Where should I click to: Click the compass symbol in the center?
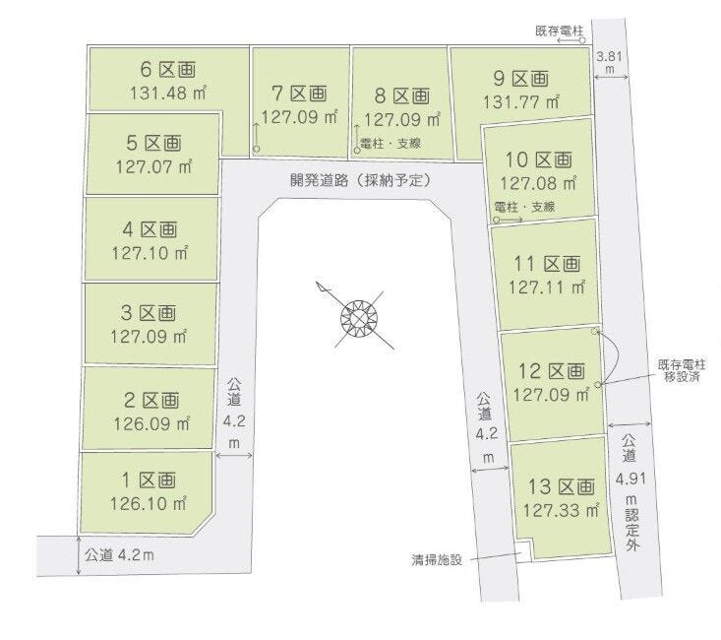[x=359, y=317]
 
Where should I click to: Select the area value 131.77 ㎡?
[x=521, y=100]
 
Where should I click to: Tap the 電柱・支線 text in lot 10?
[x=525, y=207]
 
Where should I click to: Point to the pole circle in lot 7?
[x=257, y=150]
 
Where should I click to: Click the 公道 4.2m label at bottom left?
[x=119, y=554]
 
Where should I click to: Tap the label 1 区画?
[x=148, y=480]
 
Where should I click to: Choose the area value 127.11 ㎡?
[x=550, y=288]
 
